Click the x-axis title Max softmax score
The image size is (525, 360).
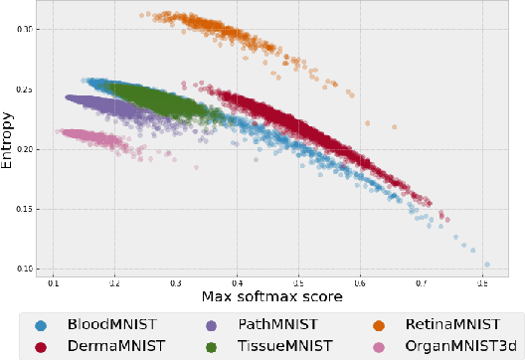point(271,297)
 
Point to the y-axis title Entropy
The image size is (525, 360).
point(9,139)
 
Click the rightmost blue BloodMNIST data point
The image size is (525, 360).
point(487,265)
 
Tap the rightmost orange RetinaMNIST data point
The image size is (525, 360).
point(394,126)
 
